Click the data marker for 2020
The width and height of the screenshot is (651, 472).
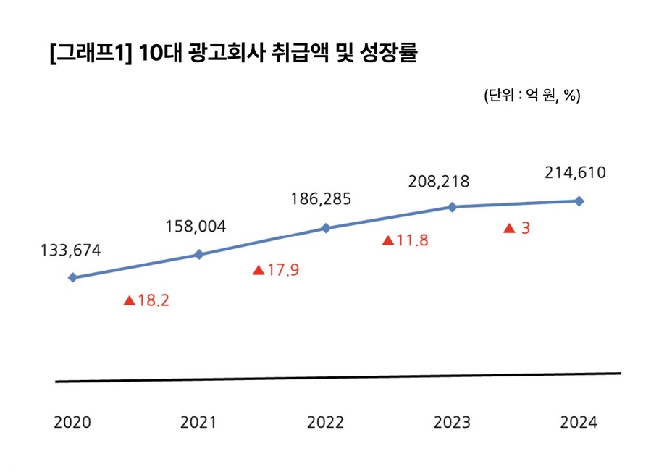72,277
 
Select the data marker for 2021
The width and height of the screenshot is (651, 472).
199,254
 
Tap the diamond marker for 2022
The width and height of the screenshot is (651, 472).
326,228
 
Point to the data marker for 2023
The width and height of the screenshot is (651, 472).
453,206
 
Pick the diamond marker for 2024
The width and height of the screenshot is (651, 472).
579,201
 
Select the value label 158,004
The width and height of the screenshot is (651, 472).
196,227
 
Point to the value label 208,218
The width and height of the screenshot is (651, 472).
439,181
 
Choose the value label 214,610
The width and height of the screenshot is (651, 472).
574,173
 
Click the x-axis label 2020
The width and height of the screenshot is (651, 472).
72,423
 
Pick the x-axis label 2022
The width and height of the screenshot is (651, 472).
326,423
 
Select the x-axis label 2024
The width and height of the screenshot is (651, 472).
579,423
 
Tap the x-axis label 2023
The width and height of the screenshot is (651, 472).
452,423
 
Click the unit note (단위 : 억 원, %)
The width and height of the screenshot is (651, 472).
532,96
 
